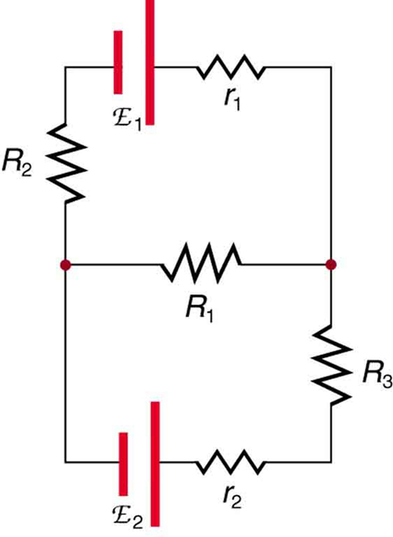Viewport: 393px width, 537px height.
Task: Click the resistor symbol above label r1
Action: coord(231,66)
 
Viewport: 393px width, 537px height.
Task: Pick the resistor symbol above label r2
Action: coord(231,463)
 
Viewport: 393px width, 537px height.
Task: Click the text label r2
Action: coord(232,499)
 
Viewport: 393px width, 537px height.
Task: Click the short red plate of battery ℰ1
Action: coord(118,63)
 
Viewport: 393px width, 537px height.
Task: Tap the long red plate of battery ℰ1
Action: coord(149,63)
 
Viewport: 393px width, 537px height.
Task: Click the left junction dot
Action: coord(65,265)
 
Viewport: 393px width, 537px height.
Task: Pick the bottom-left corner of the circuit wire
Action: coord(65,463)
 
